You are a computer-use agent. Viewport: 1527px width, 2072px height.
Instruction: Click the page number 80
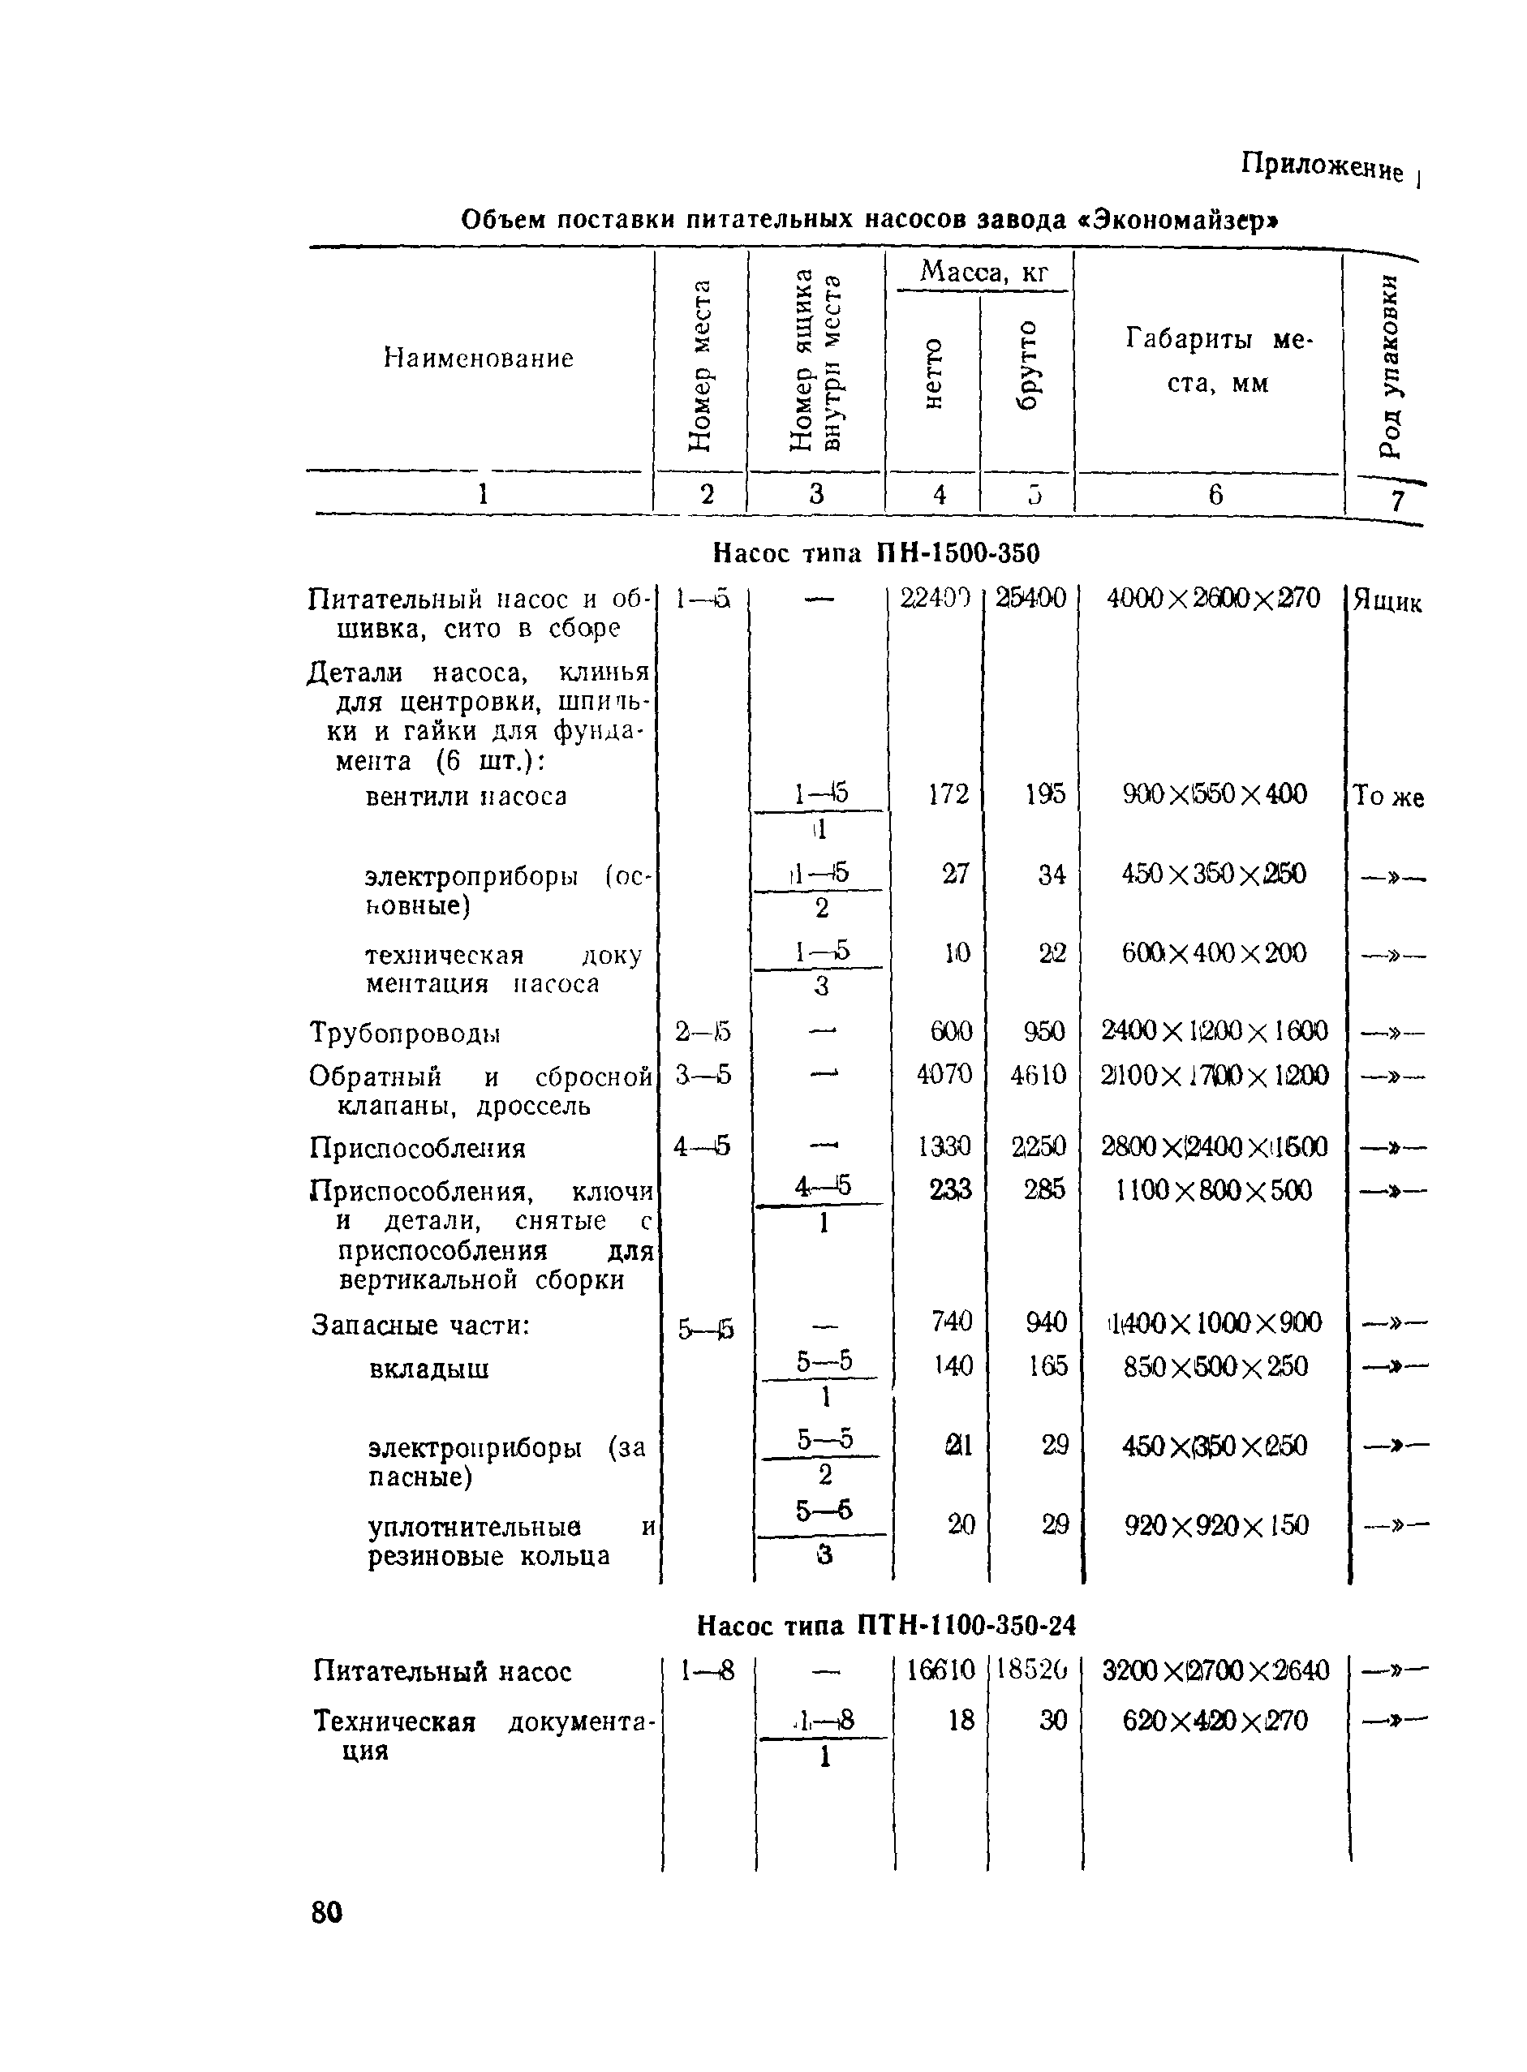327,1913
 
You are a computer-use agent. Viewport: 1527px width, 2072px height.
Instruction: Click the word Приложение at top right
1321,167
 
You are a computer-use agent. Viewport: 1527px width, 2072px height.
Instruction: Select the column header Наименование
478,359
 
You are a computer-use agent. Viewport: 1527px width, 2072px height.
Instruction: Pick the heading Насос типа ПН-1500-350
876,553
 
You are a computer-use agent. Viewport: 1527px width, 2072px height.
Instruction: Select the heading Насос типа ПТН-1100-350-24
887,1625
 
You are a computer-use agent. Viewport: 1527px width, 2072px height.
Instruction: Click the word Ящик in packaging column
1387,603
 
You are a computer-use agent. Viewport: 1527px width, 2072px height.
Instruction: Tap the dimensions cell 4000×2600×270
1214,598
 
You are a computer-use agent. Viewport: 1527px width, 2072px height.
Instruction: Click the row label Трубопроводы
405,1032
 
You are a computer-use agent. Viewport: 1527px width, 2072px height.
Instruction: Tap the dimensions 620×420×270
1215,1721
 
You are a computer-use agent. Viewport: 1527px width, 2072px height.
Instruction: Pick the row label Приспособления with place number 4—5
417,1149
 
